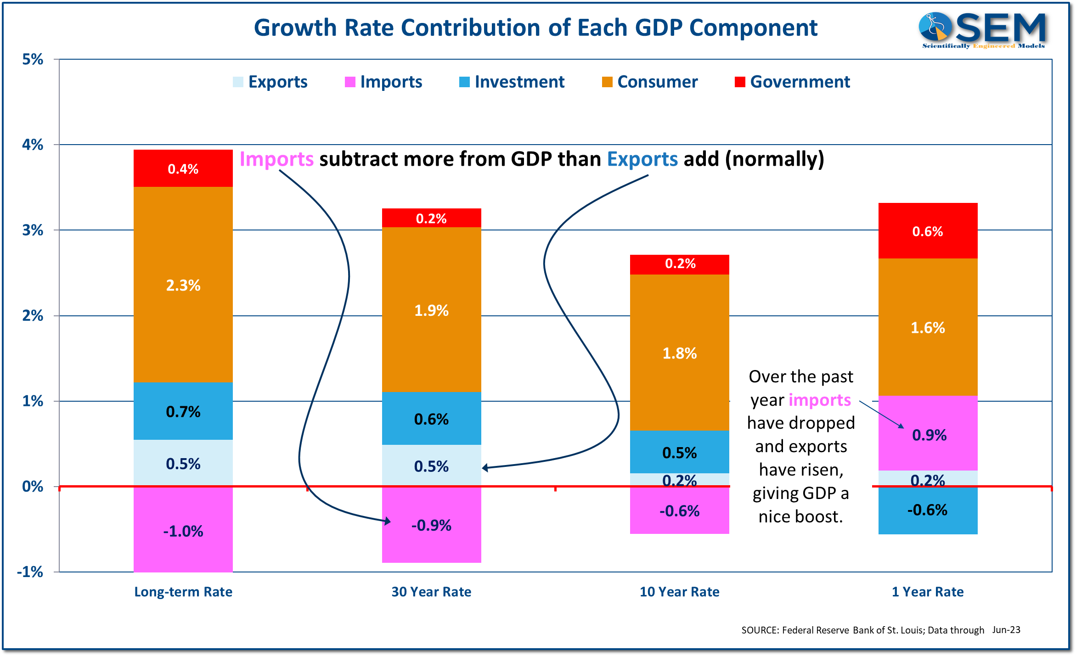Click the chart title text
click(535, 28)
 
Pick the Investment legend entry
click(512, 82)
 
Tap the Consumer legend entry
click(650, 82)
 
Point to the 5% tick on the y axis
click(33, 59)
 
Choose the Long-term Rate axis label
click(183, 592)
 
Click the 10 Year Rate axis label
click(679, 592)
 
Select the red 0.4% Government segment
click(183, 168)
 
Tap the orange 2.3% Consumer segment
click(183, 285)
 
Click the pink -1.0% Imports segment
click(183, 530)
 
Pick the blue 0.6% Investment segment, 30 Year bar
click(431, 418)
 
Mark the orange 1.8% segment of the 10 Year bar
click(679, 353)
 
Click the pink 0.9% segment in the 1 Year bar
click(928, 434)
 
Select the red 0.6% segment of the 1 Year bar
click(928, 231)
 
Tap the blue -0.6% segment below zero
click(928, 510)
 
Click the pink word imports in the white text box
click(820, 400)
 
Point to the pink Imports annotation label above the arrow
click(276, 159)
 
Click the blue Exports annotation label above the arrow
click(642, 159)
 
